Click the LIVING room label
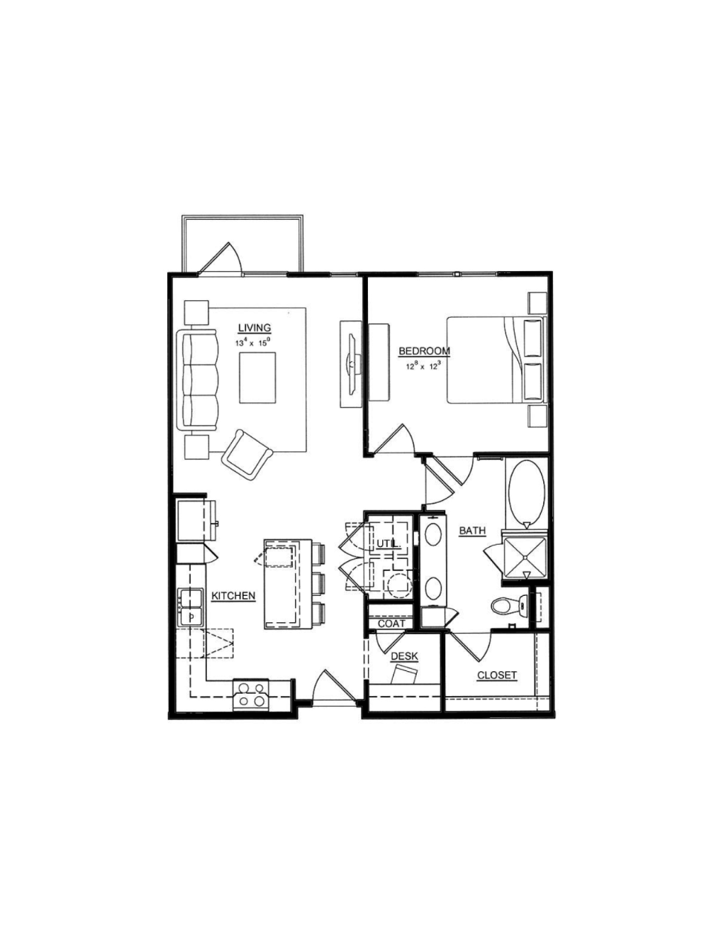coord(255,328)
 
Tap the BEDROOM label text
coord(425,351)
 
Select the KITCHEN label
coord(233,596)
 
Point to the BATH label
coord(472,531)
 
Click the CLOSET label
coord(497,675)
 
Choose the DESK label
coord(405,656)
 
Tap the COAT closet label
coord(391,624)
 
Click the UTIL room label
coord(387,543)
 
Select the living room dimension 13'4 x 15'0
coord(252,342)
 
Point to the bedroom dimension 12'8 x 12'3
coord(423,366)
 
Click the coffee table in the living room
coord(257,377)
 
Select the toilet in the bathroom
coord(510,606)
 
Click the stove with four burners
coord(251,695)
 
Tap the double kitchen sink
coord(190,607)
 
